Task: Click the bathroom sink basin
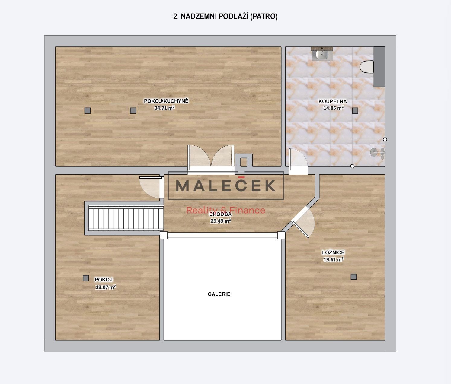pyautogui.click(x=322, y=54)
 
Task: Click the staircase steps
pyautogui.click(x=126, y=219)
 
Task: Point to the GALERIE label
pyautogui.click(x=219, y=294)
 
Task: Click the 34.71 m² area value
pyautogui.click(x=164, y=108)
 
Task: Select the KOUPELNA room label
pyautogui.click(x=333, y=101)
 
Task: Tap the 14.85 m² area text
pyautogui.click(x=333, y=108)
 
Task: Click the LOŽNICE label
pyautogui.click(x=333, y=252)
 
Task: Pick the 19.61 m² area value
pyautogui.click(x=333, y=259)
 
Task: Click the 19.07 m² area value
pyautogui.click(x=106, y=287)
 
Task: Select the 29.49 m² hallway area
pyautogui.click(x=221, y=221)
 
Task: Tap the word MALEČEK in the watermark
pyautogui.click(x=225, y=185)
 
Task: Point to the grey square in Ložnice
pyautogui.click(x=354, y=277)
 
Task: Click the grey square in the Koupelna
pyautogui.click(x=355, y=111)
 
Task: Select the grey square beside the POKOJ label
pyautogui.click(x=86, y=278)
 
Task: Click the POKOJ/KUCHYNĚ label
pyautogui.click(x=166, y=101)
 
